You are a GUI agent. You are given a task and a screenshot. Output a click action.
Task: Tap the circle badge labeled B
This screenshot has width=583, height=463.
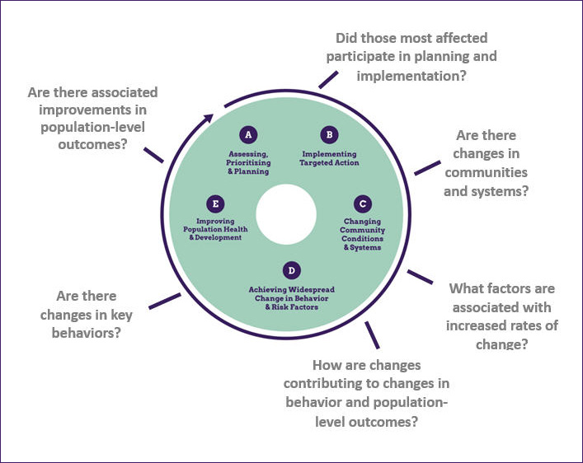(328, 134)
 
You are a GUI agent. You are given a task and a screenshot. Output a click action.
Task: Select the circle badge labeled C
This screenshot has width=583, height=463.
(361, 203)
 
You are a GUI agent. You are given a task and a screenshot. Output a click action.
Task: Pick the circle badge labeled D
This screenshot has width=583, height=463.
(290, 270)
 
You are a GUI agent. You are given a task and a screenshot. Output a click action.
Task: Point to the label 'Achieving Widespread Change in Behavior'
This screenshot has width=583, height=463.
(291, 293)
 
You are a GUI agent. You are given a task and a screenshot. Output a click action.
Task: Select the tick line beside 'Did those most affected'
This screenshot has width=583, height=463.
(328, 78)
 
